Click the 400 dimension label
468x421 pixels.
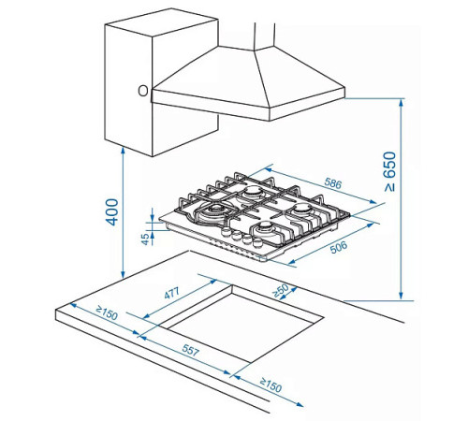pos(112,212)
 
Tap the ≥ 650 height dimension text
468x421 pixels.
pos(390,171)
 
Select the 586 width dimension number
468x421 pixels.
pos(333,183)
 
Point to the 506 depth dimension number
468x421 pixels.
pos(339,247)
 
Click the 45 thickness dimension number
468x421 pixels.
pos(145,240)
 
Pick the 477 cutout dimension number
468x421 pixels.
pos(171,293)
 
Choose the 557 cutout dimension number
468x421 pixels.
pos(190,350)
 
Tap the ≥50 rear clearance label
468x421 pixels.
pos(281,290)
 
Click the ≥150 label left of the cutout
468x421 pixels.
pos(107,313)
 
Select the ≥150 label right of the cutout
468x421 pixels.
pos(271,385)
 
